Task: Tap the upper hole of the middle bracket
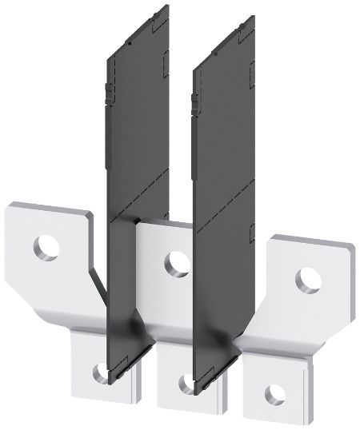point(177,263)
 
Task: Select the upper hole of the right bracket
point(307,279)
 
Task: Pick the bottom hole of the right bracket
point(274,394)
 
